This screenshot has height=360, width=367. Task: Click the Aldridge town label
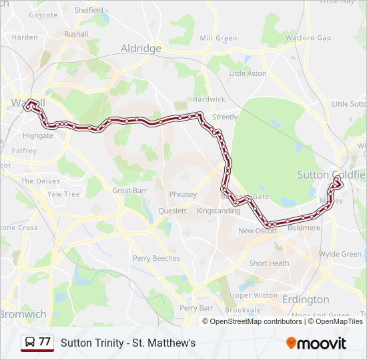pos(141,49)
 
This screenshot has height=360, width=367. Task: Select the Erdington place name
pos(306,299)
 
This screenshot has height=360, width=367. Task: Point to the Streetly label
pos(225,117)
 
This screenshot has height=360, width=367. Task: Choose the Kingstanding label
pos(219,211)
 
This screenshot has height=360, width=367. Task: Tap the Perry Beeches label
pos(156,258)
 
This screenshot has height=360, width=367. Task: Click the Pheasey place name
pos(183,195)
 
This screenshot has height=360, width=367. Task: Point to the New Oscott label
pos(257,231)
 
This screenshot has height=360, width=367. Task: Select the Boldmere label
pos(304,228)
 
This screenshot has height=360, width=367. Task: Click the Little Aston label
pos(248,73)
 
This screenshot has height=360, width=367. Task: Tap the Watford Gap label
pos(308,38)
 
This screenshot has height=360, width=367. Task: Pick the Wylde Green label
pos(340,254)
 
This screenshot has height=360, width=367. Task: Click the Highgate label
pos(38,135)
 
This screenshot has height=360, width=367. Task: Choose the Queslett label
pos(172,211)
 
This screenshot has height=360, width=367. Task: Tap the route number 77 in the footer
pos(45,342)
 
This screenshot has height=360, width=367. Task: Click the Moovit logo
pos(316,343)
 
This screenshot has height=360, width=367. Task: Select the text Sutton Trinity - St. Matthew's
pos(128,343)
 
